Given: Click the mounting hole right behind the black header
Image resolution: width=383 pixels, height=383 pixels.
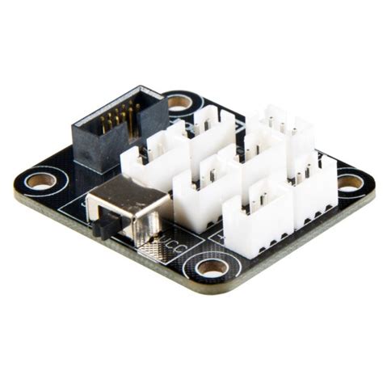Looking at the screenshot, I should coord(179,103).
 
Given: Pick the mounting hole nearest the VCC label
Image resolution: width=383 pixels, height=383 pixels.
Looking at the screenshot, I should coord(211,267).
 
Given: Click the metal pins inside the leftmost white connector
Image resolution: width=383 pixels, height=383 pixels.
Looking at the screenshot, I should coord(158,145).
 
